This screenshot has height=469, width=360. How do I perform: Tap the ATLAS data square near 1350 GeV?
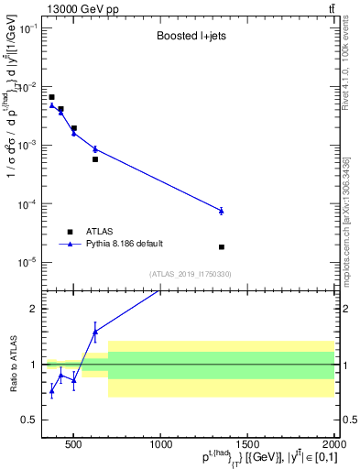pyautogui.click(x=222, y=247)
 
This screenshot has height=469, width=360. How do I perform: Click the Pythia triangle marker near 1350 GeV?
pyautogui.click(x=222, y=211)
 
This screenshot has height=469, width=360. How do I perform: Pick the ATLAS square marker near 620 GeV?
pyautogui.click(x=95, y=159)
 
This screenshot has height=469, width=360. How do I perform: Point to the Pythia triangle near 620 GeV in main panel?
pyautogui.click(x=95, y=148)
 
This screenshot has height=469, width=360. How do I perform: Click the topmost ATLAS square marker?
pyautogui.click(x=52, y=97)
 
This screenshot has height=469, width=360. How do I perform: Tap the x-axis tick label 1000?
pyautogui.click(x=161, y=445)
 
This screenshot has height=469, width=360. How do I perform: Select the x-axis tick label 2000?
pyautogui.click(x=333, y=445)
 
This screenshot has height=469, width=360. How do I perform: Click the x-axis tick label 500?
pyautogui.click(x=75, y=445)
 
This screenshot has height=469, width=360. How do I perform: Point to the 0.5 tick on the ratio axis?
pyautogui.click(x=34, y=420)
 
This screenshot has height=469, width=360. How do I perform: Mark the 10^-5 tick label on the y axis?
pyautogui.click(x=29, y=262)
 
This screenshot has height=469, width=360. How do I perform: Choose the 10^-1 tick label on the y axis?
pyautogui.click(x=29, y=28)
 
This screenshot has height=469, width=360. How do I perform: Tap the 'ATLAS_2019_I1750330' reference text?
pyautogui.click(x=190, y=274)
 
